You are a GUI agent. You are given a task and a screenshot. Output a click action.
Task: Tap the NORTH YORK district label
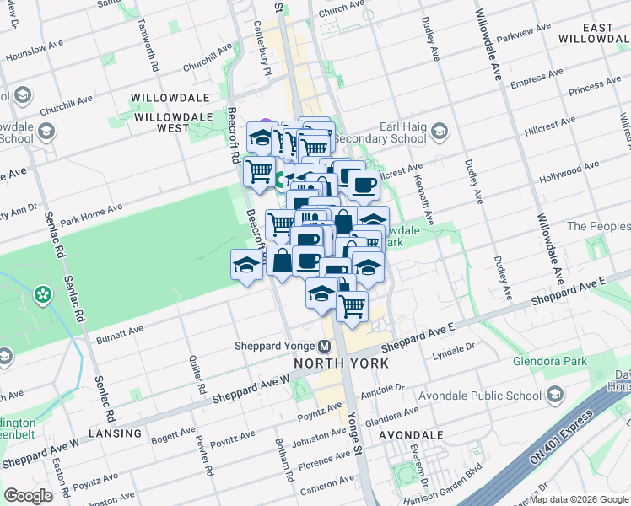point(341,363)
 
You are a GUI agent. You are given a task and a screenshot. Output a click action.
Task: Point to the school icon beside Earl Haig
point(439,131)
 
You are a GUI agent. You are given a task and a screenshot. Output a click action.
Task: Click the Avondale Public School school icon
point(555,395)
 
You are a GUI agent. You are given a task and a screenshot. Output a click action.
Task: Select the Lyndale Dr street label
point(455,349)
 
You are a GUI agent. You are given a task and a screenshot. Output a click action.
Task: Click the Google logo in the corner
point(28,496)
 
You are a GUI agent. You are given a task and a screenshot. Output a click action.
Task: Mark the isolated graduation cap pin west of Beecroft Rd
point(245,265)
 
